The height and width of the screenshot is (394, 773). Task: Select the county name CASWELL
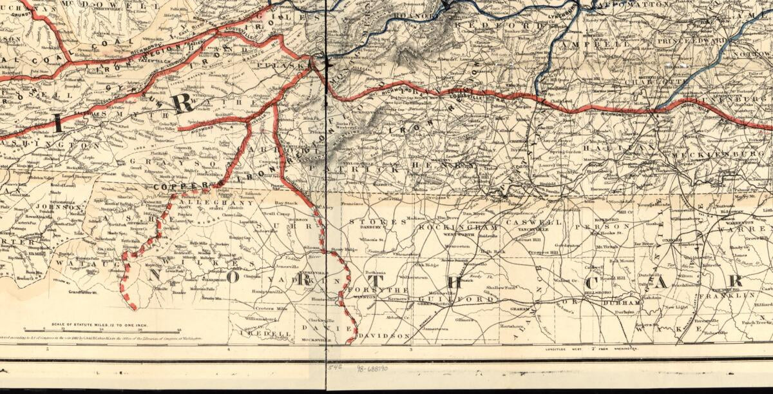[526, 222]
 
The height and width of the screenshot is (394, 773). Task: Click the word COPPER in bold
[174, 187]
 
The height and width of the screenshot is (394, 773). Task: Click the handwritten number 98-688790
[372, 369]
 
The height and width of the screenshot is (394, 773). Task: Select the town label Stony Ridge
[343, 249]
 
